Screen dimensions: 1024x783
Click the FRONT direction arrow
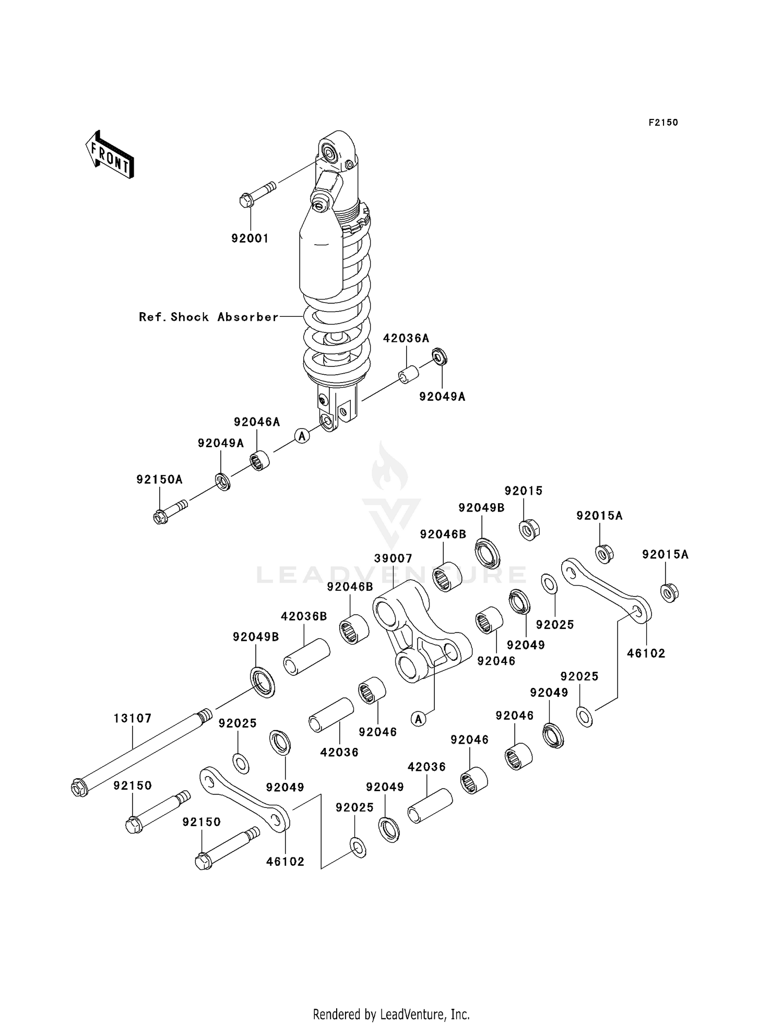pyautogui.click(x=110, y=155)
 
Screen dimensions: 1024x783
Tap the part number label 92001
pyautogui.click(x=250, y=239)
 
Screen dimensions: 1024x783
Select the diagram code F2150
pyautogui.click(x=663, y=123)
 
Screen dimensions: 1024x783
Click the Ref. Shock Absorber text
pyautogui.click(x=208, y=317)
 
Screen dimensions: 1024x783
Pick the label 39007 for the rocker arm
pyautogui.click(x=393, y=558)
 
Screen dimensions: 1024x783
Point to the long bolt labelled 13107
pyautogui.click(x=141, y=752)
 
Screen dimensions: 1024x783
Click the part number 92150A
pyautogui.click(x=159, y=479)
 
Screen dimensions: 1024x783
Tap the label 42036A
pyautogui.click(x=406, y=338)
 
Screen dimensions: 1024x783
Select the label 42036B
pyautogui.click(x=304, y=616)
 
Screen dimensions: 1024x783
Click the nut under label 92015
pyautogui.click(x=529, y=530)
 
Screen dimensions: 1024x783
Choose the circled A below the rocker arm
pyautogui.click(x=418, y=719)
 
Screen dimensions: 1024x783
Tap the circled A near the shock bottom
pyautogui.click(x=302, y=435)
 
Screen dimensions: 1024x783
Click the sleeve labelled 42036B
pyautogui.click(x=306, y=658)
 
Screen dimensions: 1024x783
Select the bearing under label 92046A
pyautogui.click(x=259, y=460)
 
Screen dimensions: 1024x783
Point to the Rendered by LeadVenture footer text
pyautogui.click(x=391, y=1015)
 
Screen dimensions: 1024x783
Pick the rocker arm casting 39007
pyautogui.click(x=420, y=632)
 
